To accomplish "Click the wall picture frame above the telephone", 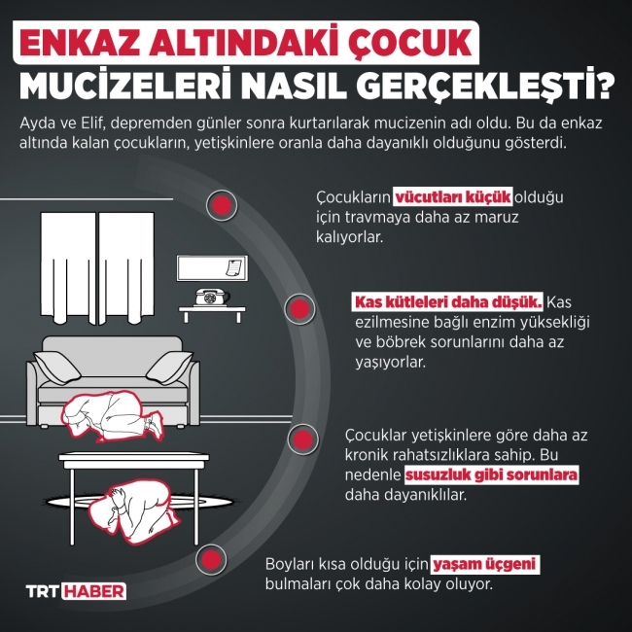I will click(209, 267).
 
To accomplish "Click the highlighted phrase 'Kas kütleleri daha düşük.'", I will click(448, 301).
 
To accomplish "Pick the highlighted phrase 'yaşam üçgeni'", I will click(485, 565).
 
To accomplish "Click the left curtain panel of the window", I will click(67, 264).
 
